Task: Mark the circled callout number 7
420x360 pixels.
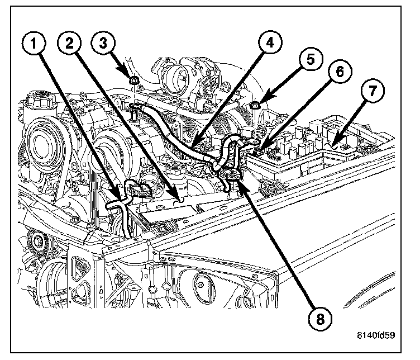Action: coord(373,89)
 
